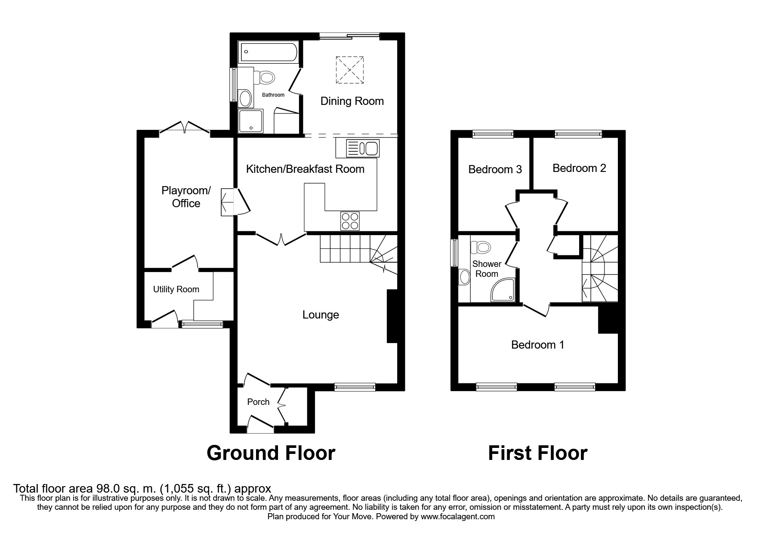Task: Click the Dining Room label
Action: tap(352, 101)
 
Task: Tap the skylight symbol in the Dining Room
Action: tap(349, 70)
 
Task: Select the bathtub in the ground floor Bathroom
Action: tap(268, 52)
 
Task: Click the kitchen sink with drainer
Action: tap(357, 148)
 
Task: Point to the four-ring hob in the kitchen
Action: tap(349, 221)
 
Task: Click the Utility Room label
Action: tap(176, 289)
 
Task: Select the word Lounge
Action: tap(321, 315)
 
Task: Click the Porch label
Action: tap(258, 402)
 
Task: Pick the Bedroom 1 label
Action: tap(537, 345)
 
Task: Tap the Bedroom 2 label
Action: tap(579, 168)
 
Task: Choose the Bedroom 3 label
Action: tap(495, 169)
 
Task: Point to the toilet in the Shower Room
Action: tap(481, 248)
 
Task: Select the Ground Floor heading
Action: tap(271, 453)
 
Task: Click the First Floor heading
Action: tap(537, 453)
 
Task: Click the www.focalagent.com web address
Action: tap(458, 517)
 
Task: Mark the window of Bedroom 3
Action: tap(493, 135)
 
